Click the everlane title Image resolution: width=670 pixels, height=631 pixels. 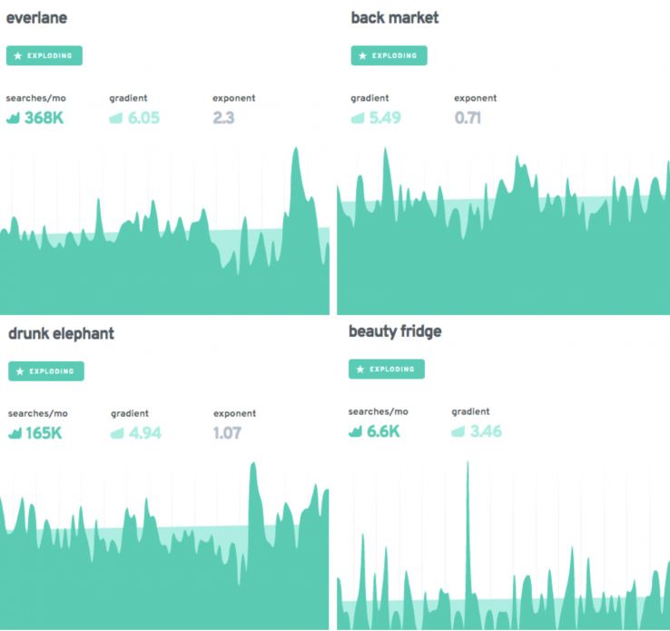[36, 18]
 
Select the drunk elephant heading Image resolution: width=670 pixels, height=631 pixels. [61, 333]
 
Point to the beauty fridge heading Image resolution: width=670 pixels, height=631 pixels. [395, 331]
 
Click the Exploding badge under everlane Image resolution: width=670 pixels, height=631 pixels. [44, 55]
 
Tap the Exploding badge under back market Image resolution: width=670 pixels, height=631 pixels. [389, 55]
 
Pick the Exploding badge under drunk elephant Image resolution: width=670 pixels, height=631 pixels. [46, 370]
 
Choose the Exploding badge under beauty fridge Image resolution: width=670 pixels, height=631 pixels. [386, 369]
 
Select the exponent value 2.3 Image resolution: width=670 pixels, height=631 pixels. [223, 117]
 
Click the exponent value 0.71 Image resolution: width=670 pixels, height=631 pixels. [468, 117]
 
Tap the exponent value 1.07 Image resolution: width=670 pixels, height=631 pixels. [227, 432]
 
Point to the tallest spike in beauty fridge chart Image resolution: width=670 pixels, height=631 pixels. [468, 465]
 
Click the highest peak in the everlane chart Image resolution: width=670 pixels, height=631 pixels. [295, 151]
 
